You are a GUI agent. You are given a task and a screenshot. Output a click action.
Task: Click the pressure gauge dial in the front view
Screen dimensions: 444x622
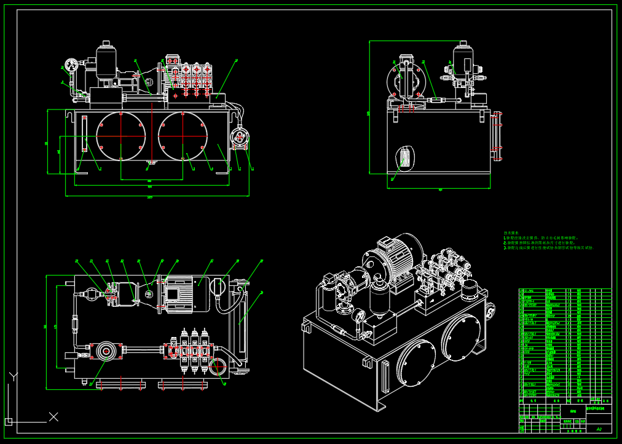point(68,65)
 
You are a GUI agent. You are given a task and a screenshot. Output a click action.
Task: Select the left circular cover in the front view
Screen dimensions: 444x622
point(120,135)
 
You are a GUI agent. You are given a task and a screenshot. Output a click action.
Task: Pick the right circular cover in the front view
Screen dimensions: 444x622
point(183,135)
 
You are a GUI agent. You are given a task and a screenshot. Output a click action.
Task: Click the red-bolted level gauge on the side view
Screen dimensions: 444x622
point(498,135)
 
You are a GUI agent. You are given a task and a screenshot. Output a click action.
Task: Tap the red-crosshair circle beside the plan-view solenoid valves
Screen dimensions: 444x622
point(218,368)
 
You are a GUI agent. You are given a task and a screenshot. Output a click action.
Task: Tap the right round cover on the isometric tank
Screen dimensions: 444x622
point(462,338)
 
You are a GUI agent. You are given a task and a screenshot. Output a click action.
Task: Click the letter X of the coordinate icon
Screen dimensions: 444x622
point(53,417)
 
